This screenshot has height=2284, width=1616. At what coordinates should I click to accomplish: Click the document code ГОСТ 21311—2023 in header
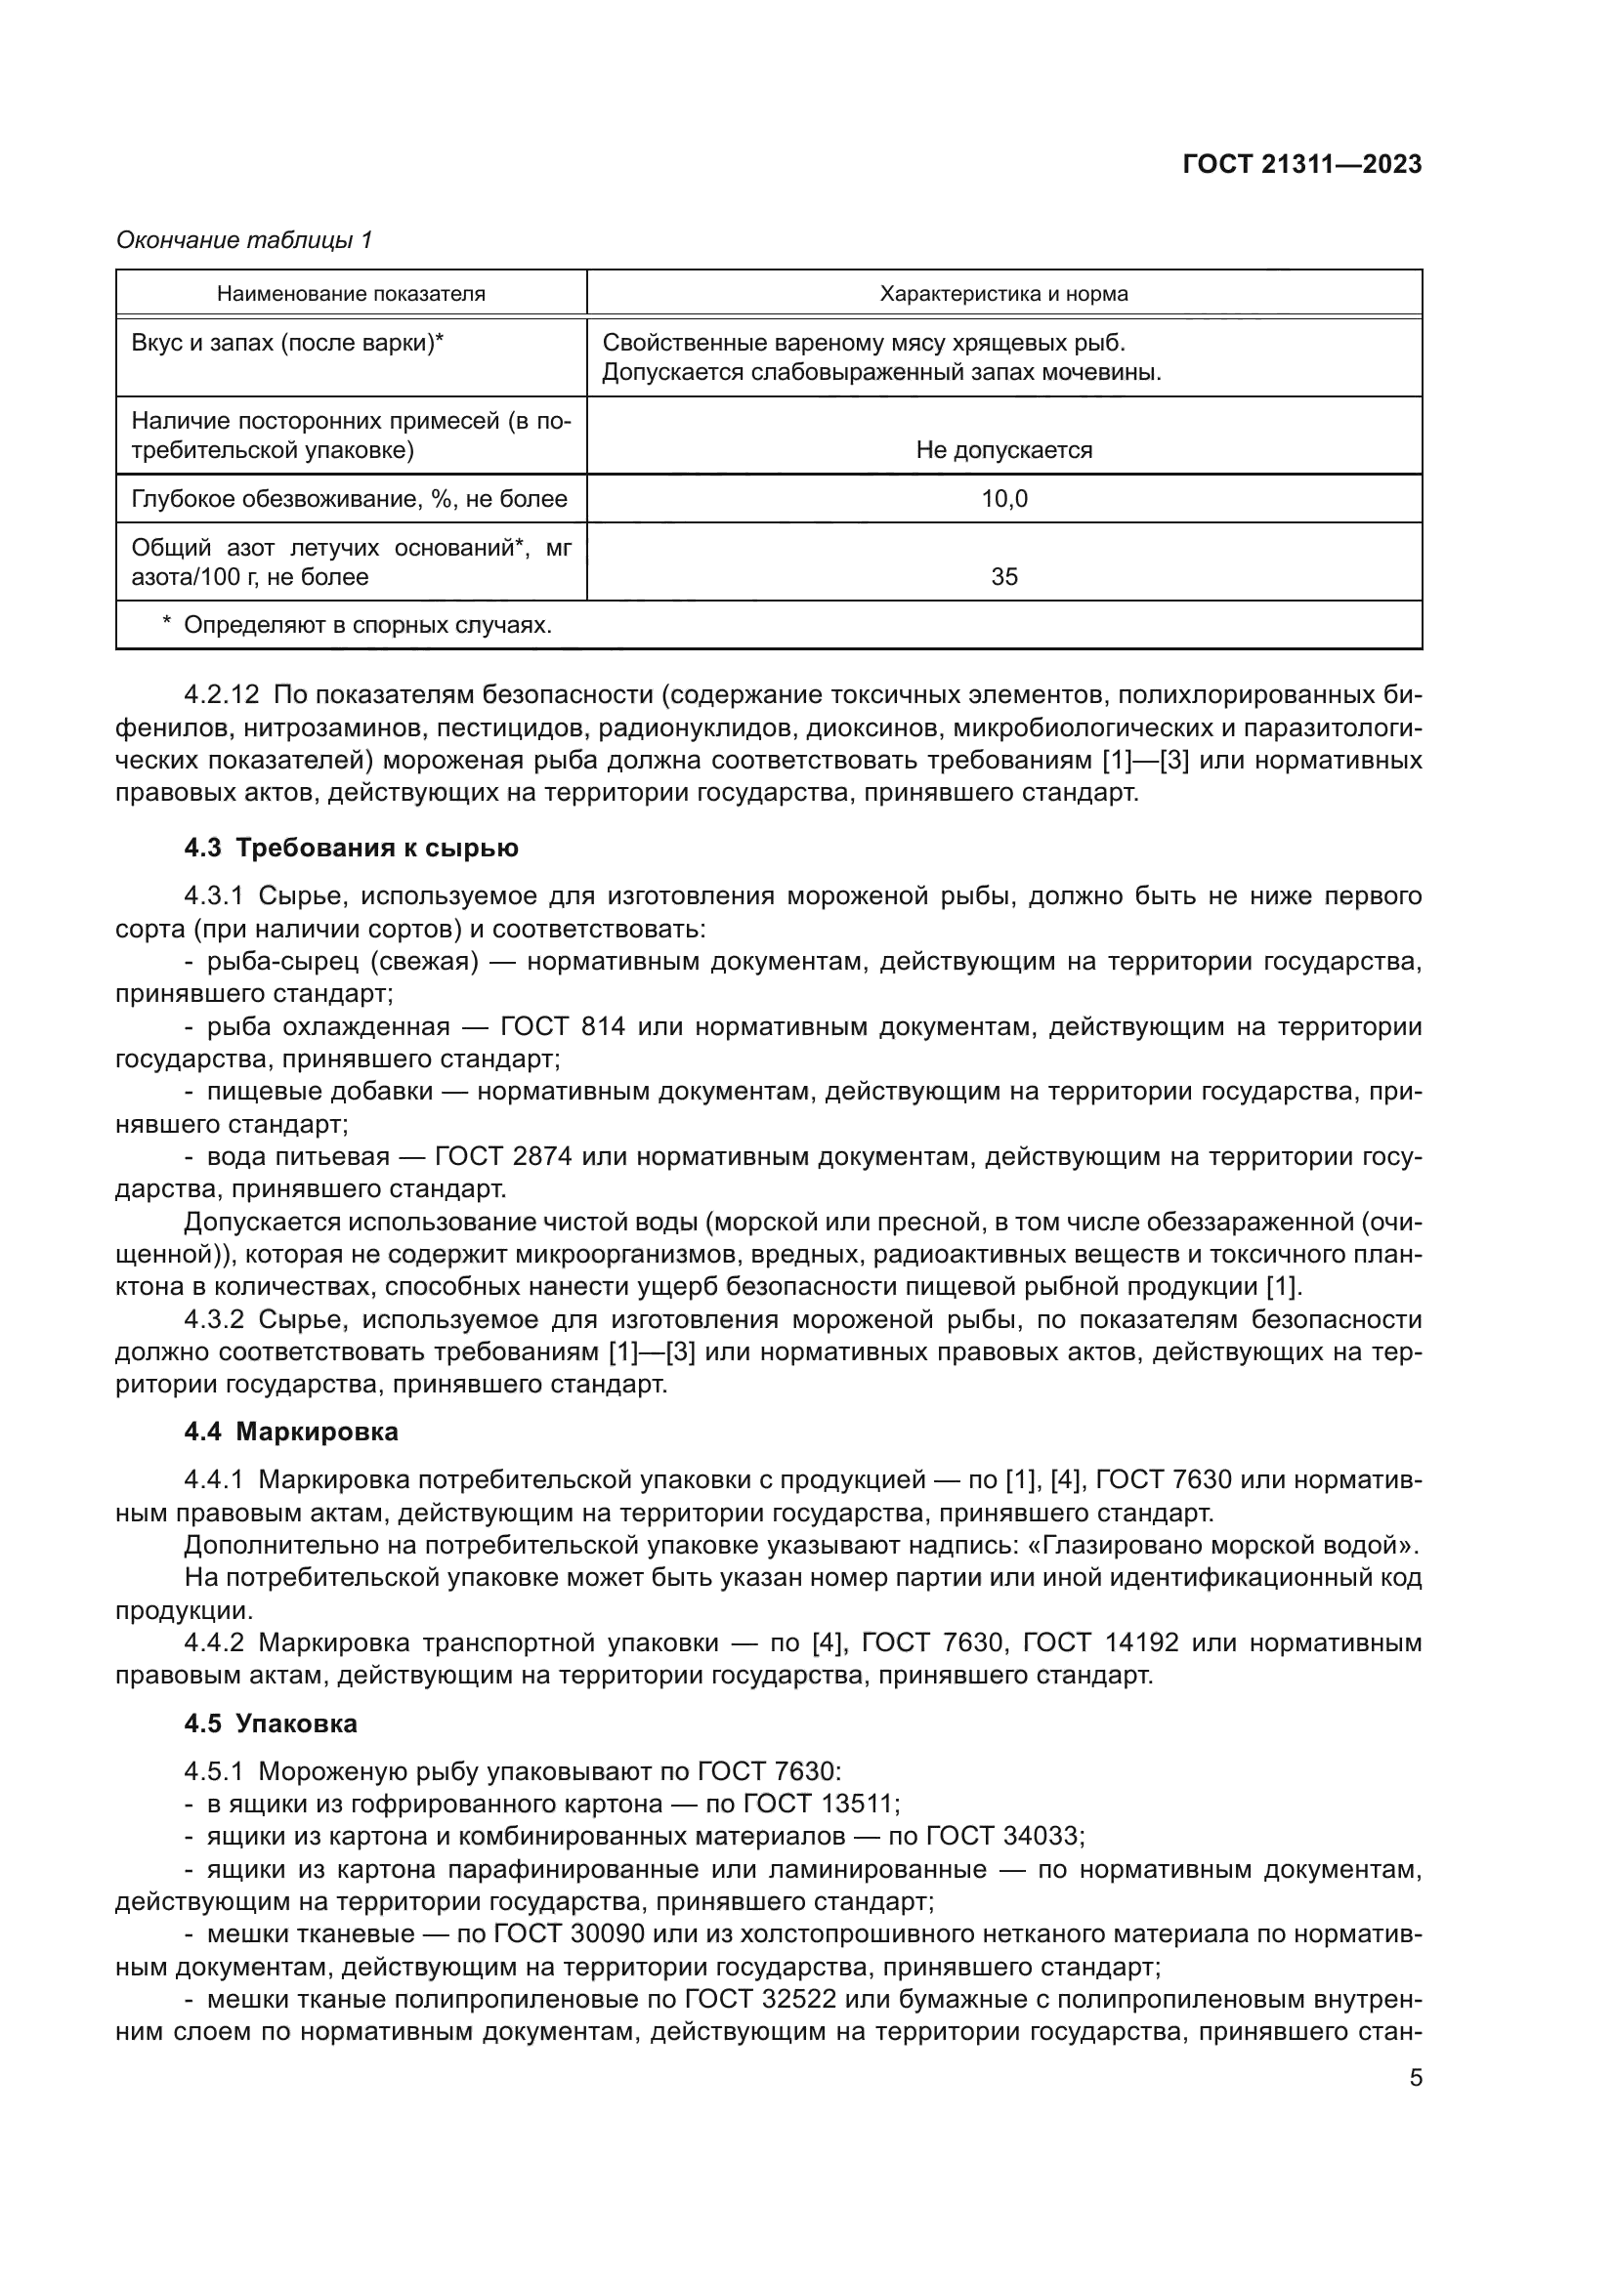click(1301, 165)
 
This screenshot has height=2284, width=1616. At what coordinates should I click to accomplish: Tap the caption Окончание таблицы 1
click(245, 240)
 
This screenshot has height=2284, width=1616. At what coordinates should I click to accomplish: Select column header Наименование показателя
click(352, 294)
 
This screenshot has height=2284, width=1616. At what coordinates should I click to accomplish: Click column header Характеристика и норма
click(1003, 294)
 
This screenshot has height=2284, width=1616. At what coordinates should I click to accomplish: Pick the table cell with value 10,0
click(1004, 498)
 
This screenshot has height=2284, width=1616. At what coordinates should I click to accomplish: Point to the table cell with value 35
click(1004, 577)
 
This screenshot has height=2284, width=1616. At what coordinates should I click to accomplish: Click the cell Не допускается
click(1003, 449)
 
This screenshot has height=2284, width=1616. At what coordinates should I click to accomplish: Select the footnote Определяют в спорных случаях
click(367, 625)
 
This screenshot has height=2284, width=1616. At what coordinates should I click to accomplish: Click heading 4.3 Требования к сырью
click(352, 849)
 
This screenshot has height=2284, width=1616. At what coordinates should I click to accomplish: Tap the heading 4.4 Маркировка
click(290, 1433)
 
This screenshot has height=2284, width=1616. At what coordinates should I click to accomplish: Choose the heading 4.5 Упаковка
click(271, 1723)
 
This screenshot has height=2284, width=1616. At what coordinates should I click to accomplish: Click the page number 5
click(1415, 2077)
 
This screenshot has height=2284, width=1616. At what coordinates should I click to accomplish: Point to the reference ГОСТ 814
click(562, 1025)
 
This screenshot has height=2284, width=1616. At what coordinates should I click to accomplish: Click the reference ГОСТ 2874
click(502, 1156)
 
